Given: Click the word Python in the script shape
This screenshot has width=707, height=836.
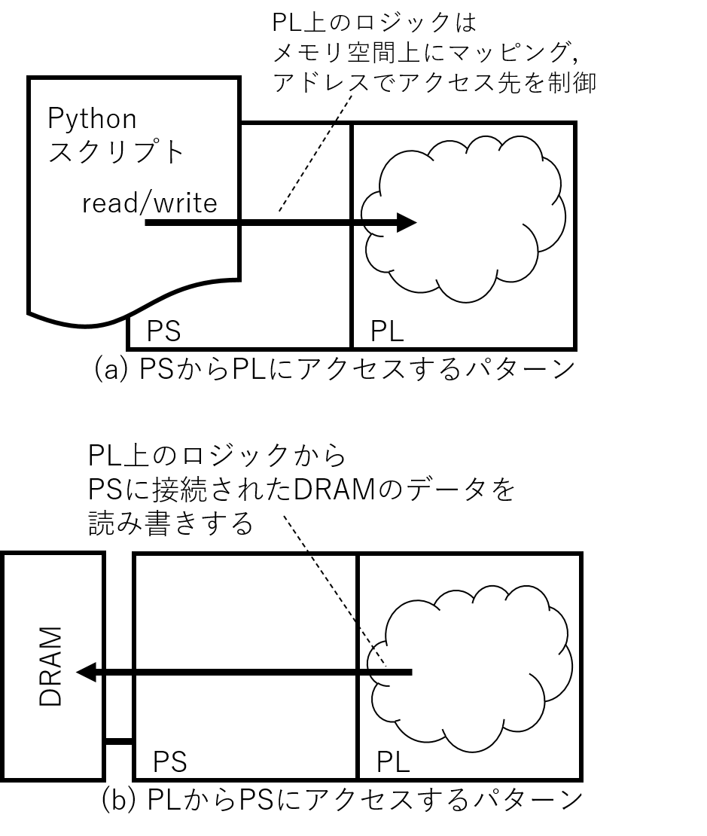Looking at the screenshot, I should click(x=92, y=119).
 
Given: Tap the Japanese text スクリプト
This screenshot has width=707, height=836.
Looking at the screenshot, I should click(x=116, y=152).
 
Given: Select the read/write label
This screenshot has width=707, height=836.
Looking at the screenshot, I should click(x=149, y=203).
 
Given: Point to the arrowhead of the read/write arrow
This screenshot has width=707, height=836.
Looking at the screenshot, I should click(x=407, y=222).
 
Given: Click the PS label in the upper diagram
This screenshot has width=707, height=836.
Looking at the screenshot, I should click(x=163, y=331).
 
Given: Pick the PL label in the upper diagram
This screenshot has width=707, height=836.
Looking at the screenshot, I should click(x=387, y=331).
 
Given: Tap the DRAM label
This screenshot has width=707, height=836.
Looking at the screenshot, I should click(x=51, y=666).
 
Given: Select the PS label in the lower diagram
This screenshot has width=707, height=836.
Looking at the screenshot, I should click(x=169, y=762).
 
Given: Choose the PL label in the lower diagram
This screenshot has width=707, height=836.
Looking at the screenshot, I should click(x=393, y=762).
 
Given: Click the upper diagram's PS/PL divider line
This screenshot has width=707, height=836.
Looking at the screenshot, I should click(x=352, y=301).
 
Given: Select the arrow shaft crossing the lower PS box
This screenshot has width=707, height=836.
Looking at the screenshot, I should click(x=241, y=671).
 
